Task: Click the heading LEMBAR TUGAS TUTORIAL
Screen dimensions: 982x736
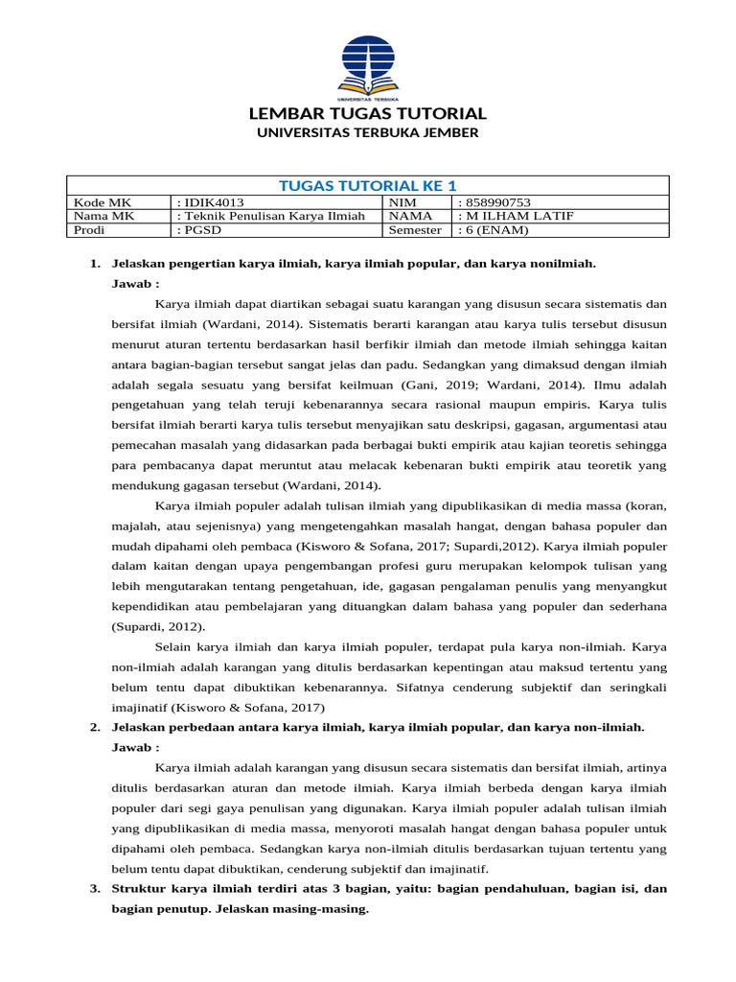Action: click(367, 113)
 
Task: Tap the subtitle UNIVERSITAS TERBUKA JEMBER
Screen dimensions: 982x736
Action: click(367, 133)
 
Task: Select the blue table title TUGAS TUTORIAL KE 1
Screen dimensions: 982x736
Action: click(367, 185)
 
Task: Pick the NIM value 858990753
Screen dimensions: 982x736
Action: click(494, 202)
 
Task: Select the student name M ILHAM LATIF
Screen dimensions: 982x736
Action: click(517, 216)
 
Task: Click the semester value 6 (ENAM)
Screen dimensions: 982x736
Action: click(494, 230)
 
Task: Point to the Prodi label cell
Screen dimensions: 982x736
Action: click(90, 230)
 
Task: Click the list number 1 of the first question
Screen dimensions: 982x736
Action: click(94, 263)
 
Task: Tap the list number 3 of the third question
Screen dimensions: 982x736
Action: click(94, 889)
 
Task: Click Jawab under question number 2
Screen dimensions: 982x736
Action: click(135, 747)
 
